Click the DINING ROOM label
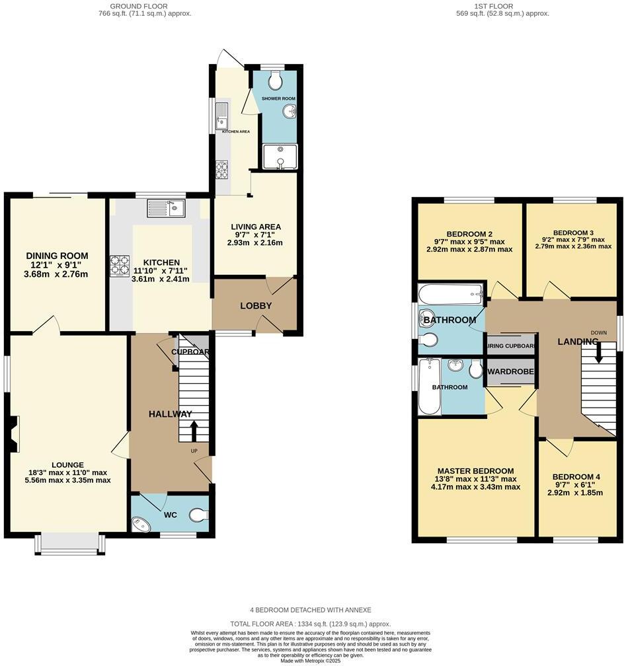(x=57, y=256)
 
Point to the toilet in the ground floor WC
(x=198, y=514)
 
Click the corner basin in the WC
(x=141, y=524)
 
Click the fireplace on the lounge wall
(x=14, y=433)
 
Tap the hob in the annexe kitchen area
(x=221, y=170)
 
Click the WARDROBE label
(x=510, y=372)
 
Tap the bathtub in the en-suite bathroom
(x=428, y=387)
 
